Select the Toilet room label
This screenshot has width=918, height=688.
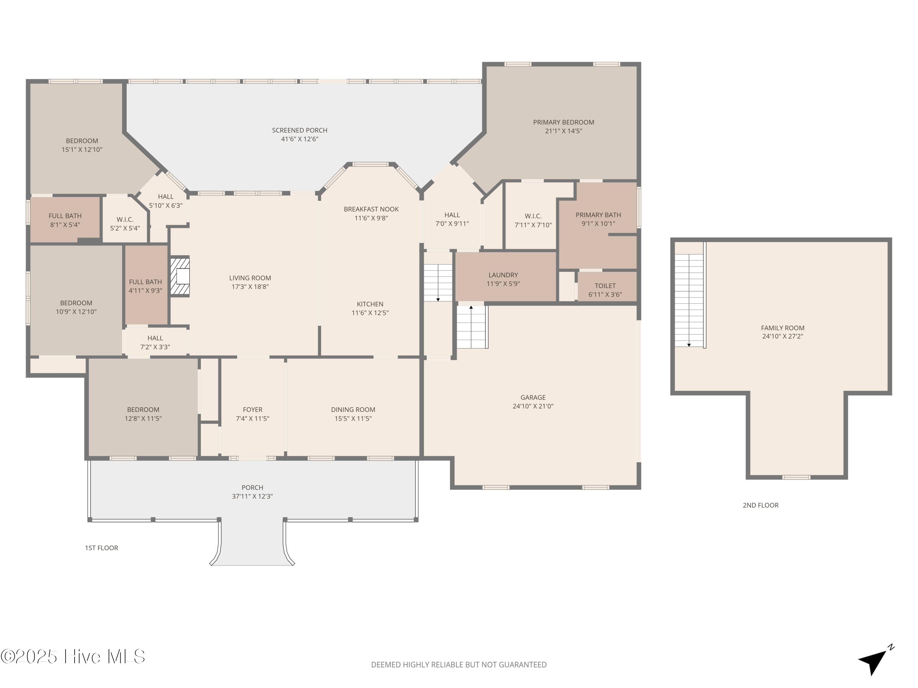pos(605,286)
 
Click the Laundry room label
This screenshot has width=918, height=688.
pos(503,275)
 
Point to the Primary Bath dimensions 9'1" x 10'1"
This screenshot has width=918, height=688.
pos(598,224)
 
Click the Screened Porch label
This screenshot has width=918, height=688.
pos(299,130)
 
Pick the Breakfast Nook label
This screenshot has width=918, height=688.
pos(371,209)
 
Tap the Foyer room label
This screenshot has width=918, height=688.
pos(252,409)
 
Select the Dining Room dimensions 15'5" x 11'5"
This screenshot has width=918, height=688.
pos(353,418)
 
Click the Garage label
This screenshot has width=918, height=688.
pos(533,397)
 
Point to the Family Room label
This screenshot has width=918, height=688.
pos(782,327)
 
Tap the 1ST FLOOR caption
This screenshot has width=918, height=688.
pos(101,548)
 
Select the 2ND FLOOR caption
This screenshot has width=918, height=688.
pos(760,505)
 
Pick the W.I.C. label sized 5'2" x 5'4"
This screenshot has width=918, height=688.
pos(125,219)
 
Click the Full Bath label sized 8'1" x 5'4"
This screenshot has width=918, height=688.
pos(65,216)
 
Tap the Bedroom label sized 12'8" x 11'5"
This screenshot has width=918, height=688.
pos(143,409)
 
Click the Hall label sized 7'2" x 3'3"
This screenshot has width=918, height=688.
pos(155,338)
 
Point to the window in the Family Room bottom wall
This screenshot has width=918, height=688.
pos(796,477)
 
